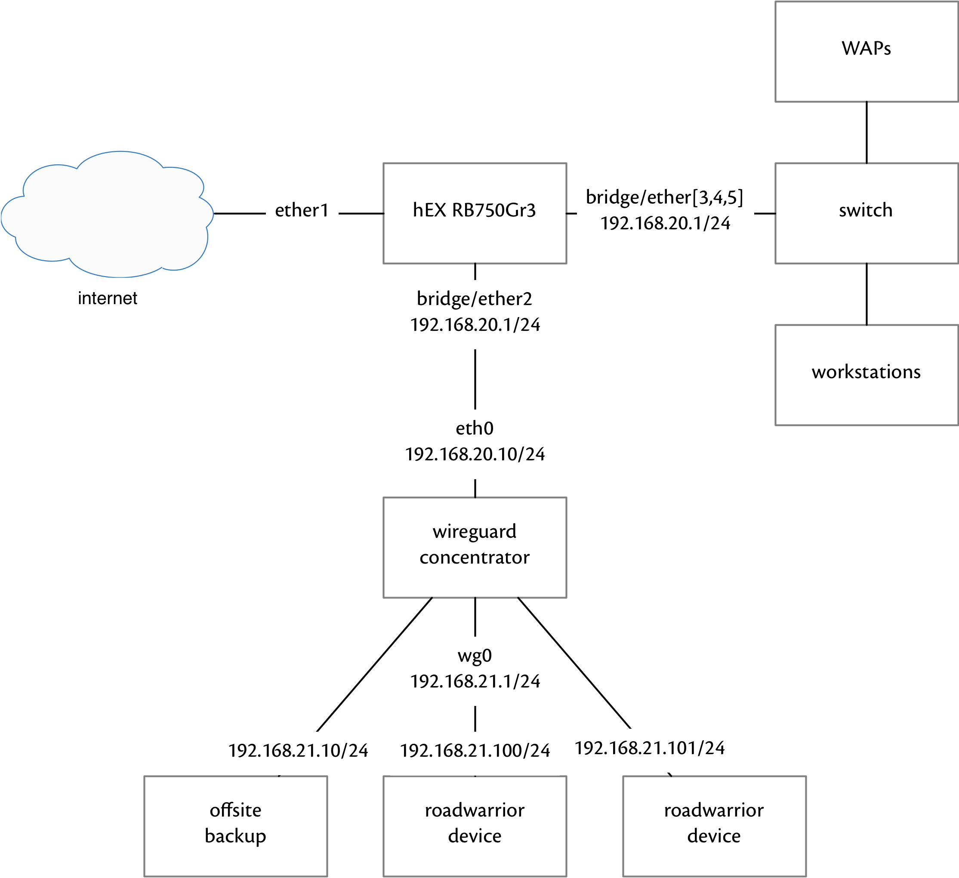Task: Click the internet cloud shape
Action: pos(107,214)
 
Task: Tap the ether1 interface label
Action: pos(302,210)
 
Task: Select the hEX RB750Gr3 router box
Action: pos(474,213)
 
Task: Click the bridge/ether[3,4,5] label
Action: pos(664,197)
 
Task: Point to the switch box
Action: pos(866,213)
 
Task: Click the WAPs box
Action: pos(866,51)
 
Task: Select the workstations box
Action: pos(866,375)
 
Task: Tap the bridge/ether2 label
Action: pos(474,299)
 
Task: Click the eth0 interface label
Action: pos(474,428)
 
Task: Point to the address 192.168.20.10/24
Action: pos(474,454)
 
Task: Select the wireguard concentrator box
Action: pos(474,547)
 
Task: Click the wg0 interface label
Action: pos(474,656)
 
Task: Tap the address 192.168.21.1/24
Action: pos(474,681)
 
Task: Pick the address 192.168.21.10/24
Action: pos(298,751)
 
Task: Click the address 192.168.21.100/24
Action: pos(474,751)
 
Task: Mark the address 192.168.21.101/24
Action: pos(649,748)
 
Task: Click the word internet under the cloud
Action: pos(108,298)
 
